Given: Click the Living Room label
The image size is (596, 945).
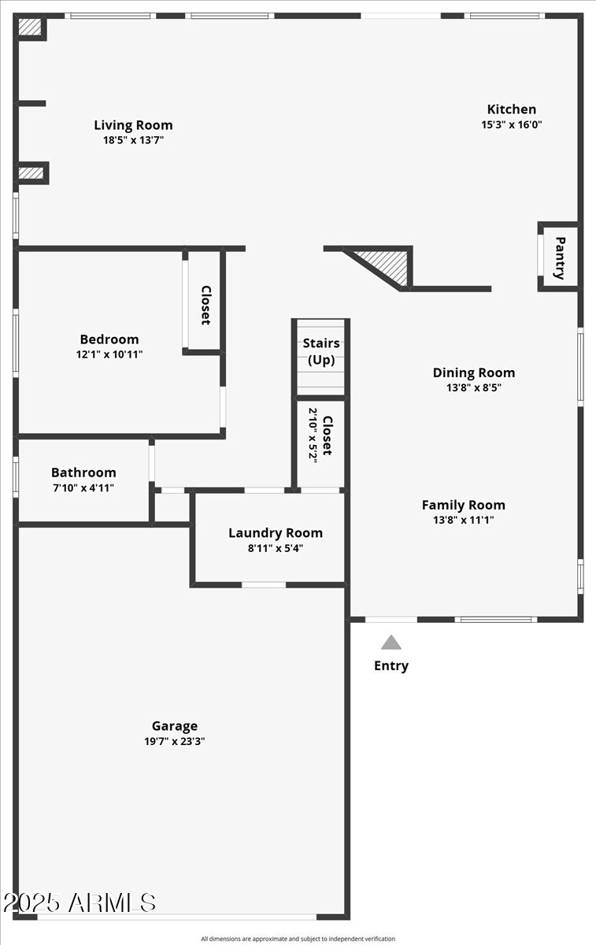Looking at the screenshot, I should pyautogui.click(x=133, y=125).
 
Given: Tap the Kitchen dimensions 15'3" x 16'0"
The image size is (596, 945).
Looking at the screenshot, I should pyautogui.click(x=512, y=124).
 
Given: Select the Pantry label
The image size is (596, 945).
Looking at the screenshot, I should pyautogui.click(x=560, y=258).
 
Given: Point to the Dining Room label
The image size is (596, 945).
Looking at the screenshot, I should pyautogui.click(x=474, y=372).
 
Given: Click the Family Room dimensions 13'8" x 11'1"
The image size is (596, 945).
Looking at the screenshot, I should pyautogui.click(x=463, y=520).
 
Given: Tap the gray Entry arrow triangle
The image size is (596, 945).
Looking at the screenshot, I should pyautogui.click(x=391, y=643).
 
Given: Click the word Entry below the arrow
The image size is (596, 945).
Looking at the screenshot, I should pyautogui.click(x=391, y=666).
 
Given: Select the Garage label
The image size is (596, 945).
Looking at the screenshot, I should pyautogui.click(x=175, y=726).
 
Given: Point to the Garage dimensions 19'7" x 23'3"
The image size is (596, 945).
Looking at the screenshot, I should pyautogui.click(x=175, y=741).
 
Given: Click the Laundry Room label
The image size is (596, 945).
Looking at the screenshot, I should pyautogui.click(x=276, y=533).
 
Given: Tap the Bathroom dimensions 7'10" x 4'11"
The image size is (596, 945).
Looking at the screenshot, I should pyautogui.click(x=83, y=487).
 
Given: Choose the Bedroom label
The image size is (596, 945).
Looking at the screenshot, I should pyautogui.click(x=109, y=339).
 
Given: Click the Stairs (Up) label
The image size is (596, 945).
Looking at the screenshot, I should pyautogui.click(x=321, y=352).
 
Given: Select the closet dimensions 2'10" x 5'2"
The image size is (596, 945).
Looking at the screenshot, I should pyautogui.click(x=313, y=435).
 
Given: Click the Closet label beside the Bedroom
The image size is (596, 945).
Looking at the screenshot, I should pyautogui.click(x=205, y=306).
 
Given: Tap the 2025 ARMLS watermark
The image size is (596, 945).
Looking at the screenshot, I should pyautogui.click(x=79, y=903).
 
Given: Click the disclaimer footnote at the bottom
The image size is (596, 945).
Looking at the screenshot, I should pyautogui.click(x=298, y=939).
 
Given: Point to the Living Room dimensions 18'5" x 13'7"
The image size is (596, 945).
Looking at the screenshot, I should pyautogui.click(x=133, y=140).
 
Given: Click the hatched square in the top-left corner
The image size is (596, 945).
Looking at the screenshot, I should pyautogui.click(x=30, y=27).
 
